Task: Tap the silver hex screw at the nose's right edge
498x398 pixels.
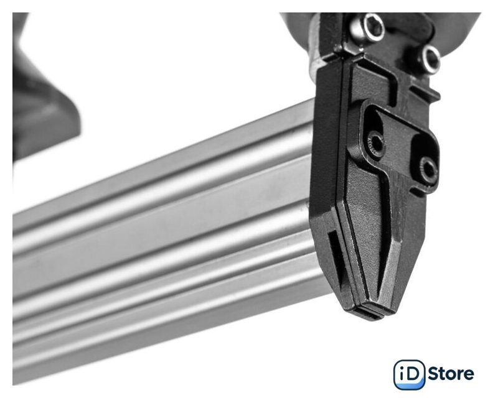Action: [431, 58]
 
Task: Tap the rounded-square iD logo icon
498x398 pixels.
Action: [409, 374]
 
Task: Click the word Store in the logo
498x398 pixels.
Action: [451, 374]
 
